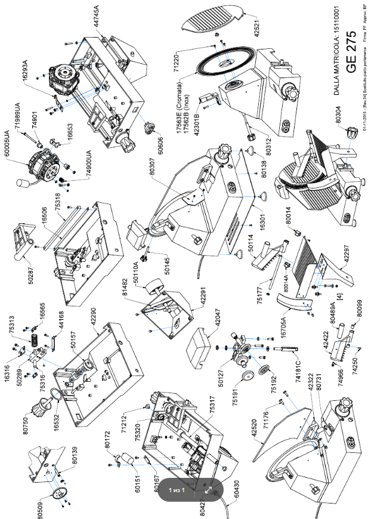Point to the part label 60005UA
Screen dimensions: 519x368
[8, 138]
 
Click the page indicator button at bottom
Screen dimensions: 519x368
[177, 490]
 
